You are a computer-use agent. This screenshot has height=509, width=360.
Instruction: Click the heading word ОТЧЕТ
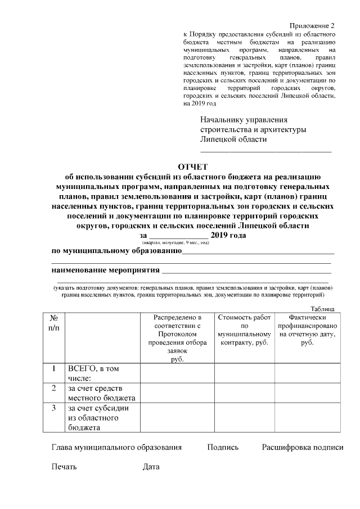[192, 166]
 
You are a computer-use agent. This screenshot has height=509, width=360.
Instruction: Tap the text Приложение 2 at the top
[312, 26]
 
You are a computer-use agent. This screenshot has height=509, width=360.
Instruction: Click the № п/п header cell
[54, 322]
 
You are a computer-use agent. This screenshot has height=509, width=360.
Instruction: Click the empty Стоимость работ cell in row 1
[244, 373]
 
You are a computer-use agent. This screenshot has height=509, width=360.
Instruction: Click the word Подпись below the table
[223, 448]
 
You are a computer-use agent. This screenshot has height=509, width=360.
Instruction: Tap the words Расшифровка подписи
[302, 448]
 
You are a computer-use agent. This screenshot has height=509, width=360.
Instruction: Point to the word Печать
[64, 467]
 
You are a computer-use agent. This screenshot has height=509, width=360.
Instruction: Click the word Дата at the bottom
[151, 467]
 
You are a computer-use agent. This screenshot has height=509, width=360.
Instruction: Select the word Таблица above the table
[323, 309]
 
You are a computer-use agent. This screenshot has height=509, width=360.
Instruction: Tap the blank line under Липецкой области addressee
[266, 150]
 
